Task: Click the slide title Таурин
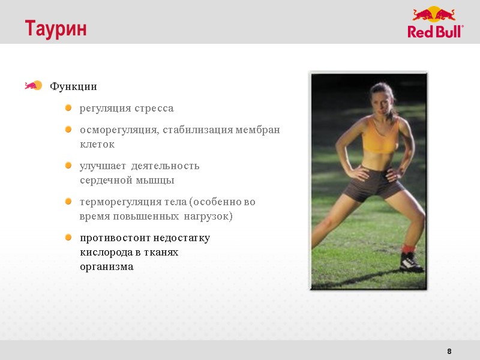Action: (x=56, y=29)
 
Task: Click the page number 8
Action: (x=449, y=351)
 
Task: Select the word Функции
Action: (x=73, y=86)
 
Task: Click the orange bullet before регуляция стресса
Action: (x=68, y=108)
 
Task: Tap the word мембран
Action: (x=258, y=130)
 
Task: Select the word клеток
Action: (x=97, y=145)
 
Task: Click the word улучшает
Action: (x=103, y=166)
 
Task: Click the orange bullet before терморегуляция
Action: (x=68, y=202)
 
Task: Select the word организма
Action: (x=107, y=266)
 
